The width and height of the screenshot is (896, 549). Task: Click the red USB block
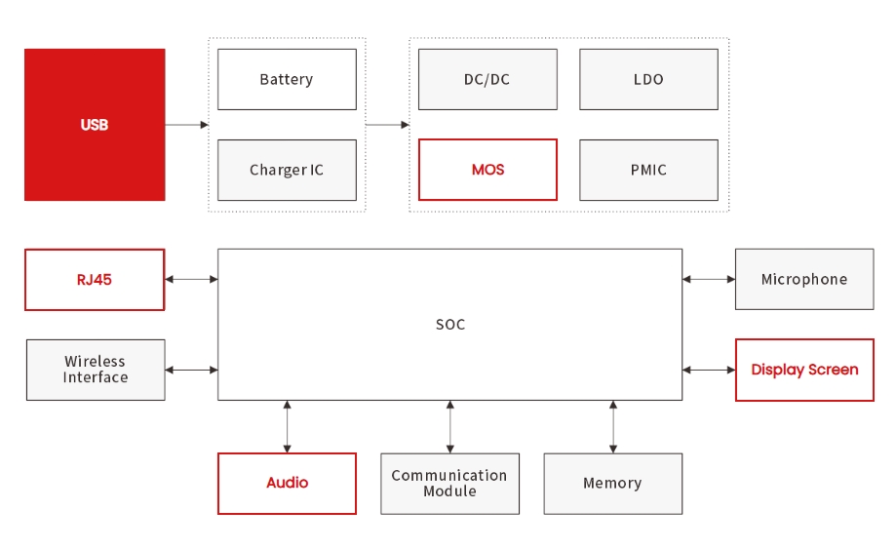(x=95, y=125)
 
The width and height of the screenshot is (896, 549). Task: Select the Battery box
(x=287, y=79)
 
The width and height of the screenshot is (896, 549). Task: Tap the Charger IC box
(x=287, y=170)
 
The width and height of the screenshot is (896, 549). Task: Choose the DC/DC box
(x=487, y=79)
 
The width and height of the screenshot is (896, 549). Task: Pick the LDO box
(x=648, y=79)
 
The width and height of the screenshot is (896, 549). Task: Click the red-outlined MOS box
(x=487, y=170)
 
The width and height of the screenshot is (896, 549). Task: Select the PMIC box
(x=648, y=170)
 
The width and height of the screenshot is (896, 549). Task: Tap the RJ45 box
(x=95, y=280)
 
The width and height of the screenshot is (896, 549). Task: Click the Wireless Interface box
(x=96, y=370)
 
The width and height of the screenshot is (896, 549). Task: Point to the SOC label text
(x=450, y=325)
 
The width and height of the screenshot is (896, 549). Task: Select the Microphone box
(x=804, y=279)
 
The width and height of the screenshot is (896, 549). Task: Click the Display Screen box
(x=804, y=370)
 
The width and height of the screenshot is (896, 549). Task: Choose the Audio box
(x=287, y=483)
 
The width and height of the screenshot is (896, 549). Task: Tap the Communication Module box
(x=449, y=483)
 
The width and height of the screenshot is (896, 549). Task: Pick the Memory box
(x=612, y=483)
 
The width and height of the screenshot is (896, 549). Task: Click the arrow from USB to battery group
(x=186, y=125)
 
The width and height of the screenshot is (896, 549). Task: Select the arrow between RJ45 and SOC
(x=191, y=280)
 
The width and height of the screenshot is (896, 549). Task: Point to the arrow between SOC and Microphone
(x=709, y=280)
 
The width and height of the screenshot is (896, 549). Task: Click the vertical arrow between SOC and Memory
(x=612, y=426)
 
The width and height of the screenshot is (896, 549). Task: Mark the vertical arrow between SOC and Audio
(x=287, y=426)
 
